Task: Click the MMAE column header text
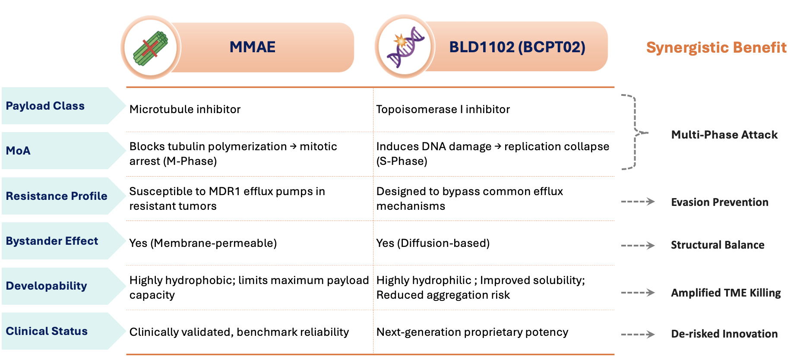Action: coord(253,47)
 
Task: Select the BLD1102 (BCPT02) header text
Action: coord(517,47)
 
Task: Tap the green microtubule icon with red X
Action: coord(150,48)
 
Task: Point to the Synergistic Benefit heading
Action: coord(716,47)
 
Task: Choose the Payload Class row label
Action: coord(45,106)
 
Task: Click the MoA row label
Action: coord(18,151)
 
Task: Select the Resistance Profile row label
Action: coord(57,196)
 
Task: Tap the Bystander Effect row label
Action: coord(52,241)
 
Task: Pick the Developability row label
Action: coord(47,286)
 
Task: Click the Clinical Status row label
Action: coord(47,331)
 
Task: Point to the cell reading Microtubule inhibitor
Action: coord(185,109)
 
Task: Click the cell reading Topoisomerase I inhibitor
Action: coord(443,109)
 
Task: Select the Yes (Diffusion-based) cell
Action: coord(433,243)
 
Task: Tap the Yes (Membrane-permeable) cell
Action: coord(203,243)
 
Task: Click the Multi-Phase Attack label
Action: coord(724,135)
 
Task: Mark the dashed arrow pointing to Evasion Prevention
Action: coord(638,202)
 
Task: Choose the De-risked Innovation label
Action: coord(724,334)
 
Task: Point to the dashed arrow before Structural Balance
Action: coord(638,246)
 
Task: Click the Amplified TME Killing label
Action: coord(726,293)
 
